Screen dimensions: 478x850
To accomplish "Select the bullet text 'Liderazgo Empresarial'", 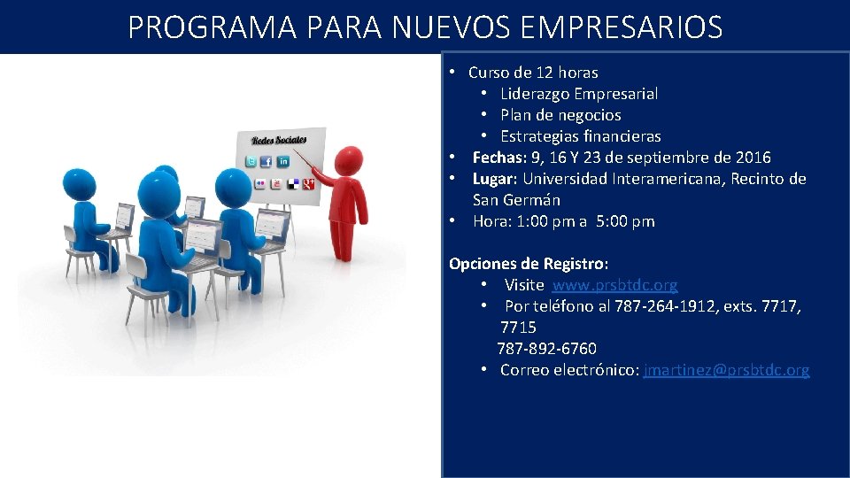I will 578,94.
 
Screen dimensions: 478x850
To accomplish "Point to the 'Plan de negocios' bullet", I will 560,115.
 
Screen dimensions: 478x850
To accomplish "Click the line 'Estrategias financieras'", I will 580,136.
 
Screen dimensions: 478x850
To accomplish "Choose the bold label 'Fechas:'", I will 498,158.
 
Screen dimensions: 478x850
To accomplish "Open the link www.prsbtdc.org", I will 614,285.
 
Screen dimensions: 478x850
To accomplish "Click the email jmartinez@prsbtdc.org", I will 726,370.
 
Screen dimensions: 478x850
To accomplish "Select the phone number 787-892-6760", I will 546,349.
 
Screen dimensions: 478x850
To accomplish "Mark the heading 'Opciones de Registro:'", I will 529,264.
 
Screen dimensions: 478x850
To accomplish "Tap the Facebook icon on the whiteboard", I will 267,162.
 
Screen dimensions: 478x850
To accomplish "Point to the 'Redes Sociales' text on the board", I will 279,140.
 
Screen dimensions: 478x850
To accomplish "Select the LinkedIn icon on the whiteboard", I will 283,161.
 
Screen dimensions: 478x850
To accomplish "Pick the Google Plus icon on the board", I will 308,183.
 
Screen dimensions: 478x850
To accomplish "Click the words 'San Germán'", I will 516,200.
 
